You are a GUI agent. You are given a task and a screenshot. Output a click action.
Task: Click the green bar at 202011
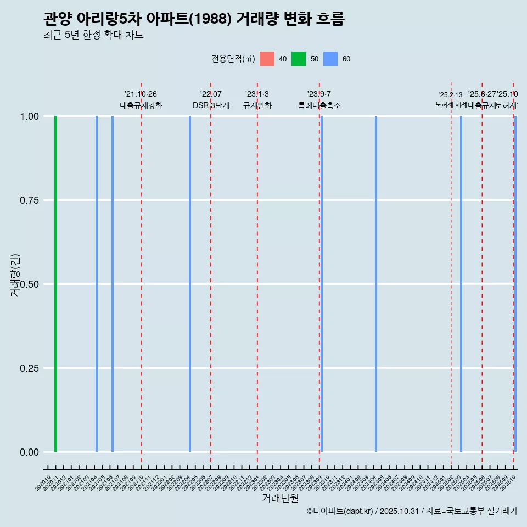55,284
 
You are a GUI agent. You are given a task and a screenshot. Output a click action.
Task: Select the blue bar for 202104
97,284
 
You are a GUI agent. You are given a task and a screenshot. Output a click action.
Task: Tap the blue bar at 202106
113,284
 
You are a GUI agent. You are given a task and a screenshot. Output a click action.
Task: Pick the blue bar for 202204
190,284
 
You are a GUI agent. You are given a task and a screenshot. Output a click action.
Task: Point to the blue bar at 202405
376,284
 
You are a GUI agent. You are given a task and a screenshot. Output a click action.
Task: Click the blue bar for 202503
461,284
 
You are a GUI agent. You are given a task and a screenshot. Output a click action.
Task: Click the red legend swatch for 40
267,59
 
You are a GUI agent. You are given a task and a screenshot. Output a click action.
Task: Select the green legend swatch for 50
299,59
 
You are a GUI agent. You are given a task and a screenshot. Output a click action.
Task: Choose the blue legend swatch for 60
330,59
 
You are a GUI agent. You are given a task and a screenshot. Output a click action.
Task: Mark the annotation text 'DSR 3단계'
211,105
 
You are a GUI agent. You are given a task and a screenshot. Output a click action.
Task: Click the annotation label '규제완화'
257,105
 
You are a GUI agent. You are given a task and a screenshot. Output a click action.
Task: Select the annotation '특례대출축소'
319,105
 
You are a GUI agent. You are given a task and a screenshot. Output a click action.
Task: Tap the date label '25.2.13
451,95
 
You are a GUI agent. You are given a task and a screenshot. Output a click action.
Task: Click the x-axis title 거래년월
281,498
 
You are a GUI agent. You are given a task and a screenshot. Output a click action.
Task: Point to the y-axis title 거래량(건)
15,276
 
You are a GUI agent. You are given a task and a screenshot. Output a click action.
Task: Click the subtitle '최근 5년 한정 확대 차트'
93,35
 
